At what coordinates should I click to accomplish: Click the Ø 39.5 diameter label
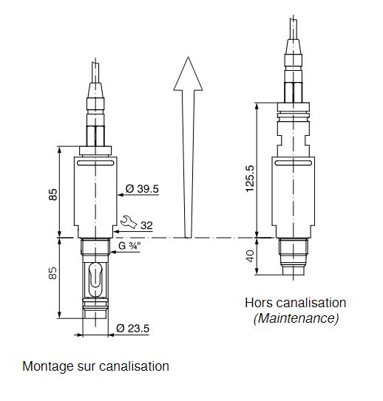coord(142,189)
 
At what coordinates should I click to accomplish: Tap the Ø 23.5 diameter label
coord(132,329)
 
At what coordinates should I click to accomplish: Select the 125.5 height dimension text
coord(250,178)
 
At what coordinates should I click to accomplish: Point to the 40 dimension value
coord(250,256)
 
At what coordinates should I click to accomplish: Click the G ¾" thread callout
coord(129,246)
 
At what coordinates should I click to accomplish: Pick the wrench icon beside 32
coord(129,222)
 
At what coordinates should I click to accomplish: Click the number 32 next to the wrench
coord(146,225)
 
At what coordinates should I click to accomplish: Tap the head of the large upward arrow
coord(188,74)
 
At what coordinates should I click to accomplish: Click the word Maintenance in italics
coord(296,318)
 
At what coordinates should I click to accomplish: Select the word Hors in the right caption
coord(260,303)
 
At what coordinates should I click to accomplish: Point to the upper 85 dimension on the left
coord(53,195)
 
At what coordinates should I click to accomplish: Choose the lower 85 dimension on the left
coord(53,273)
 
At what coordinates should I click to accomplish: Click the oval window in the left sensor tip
coord(95,280)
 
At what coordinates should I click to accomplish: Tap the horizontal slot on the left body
coord(95,163)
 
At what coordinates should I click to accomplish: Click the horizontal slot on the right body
coord(293,163)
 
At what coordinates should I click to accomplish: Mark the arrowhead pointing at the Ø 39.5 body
coord(121,195)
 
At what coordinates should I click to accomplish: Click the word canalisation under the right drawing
coord(311,303)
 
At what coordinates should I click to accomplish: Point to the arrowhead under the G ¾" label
coord(113,252)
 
